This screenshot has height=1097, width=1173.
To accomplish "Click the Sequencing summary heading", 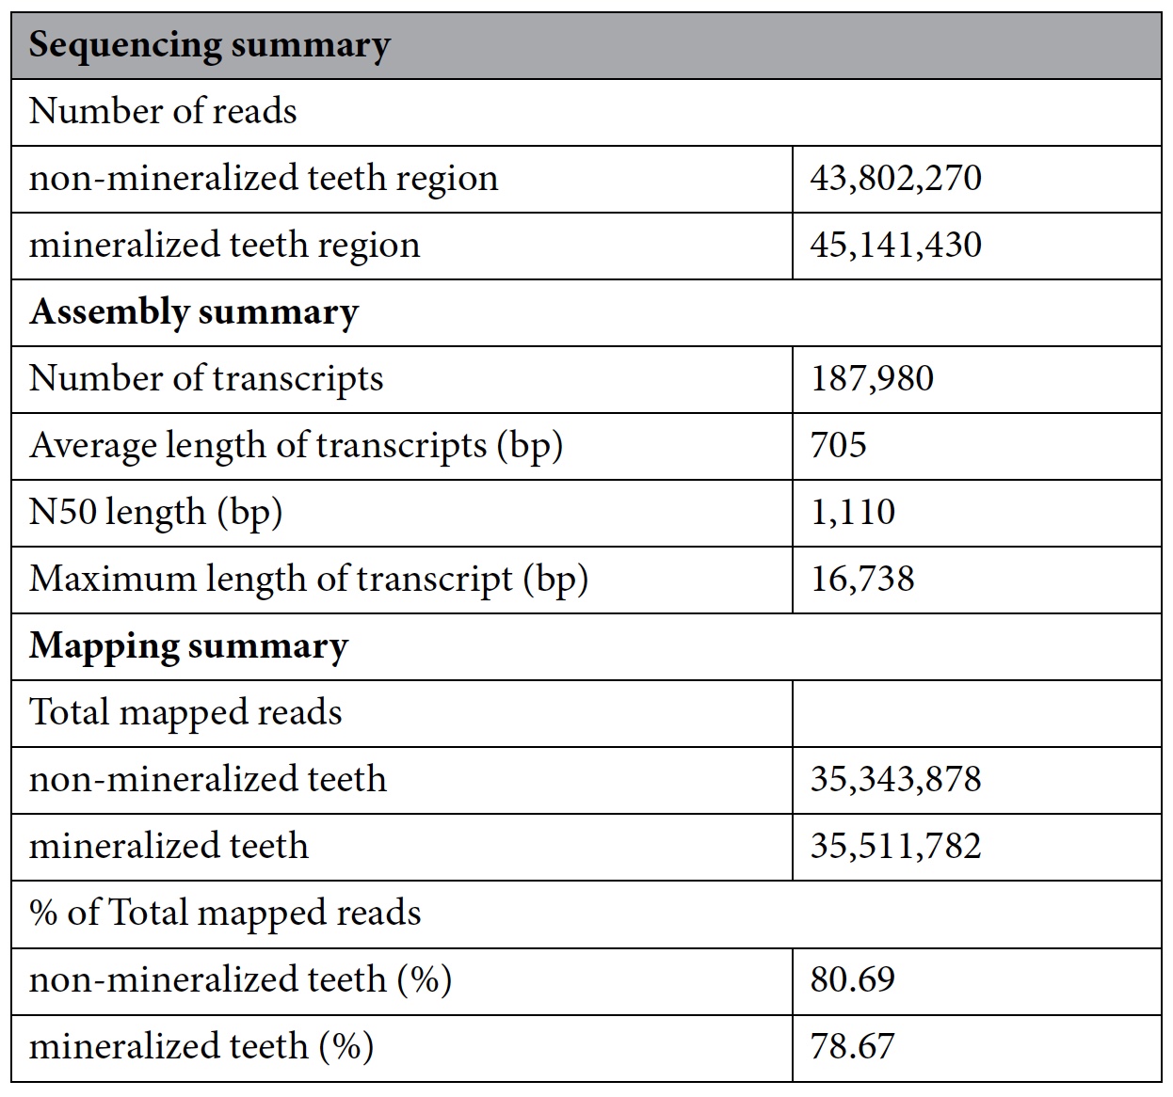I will click(x=209, y=45).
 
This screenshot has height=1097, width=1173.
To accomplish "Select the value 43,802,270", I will click(x=895, y=178).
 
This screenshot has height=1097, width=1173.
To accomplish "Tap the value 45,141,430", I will click(x=895, y=245).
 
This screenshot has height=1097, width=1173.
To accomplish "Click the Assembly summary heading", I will click(x=194, y=311).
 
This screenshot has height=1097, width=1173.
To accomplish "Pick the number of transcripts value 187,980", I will click(x=872, y=378).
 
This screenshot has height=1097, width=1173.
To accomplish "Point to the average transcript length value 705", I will click(x=838, y=445).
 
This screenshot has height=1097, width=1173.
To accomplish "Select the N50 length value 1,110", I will click(x=853, y=512).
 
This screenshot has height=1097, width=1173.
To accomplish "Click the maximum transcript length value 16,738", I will click(x=862, y=578).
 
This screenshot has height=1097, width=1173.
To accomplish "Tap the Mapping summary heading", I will click(x=188, y=645).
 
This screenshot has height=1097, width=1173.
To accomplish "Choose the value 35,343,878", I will click(x=895, y=779).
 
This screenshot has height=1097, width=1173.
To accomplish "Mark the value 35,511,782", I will click(x=895, y=845).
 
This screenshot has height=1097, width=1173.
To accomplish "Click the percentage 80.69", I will click(x=852, y=979).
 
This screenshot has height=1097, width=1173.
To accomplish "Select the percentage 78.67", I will click(x=852, y=1046).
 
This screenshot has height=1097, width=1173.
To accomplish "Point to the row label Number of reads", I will click(x=163, y=111).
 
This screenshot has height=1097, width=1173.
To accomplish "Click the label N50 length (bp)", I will click(x=156, y=512).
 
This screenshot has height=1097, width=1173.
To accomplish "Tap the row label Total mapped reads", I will click(x=185, y=712).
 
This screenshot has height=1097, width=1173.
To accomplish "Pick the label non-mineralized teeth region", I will click(x=264, y=178).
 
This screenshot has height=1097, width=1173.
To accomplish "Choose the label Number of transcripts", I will click(x=206, y=378).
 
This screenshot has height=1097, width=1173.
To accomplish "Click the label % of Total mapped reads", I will click(x=225, y=913).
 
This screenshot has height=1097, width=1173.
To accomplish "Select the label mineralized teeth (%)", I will click(x=201, y=1046).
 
